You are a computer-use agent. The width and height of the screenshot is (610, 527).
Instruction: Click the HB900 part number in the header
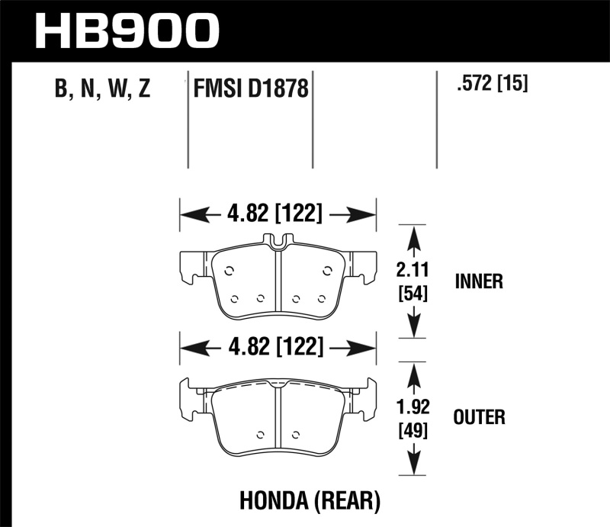pos(127,31)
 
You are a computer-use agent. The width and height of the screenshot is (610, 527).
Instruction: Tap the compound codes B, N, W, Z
pos(103,90)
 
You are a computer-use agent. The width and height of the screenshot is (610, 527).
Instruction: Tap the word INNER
pos(478,281)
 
